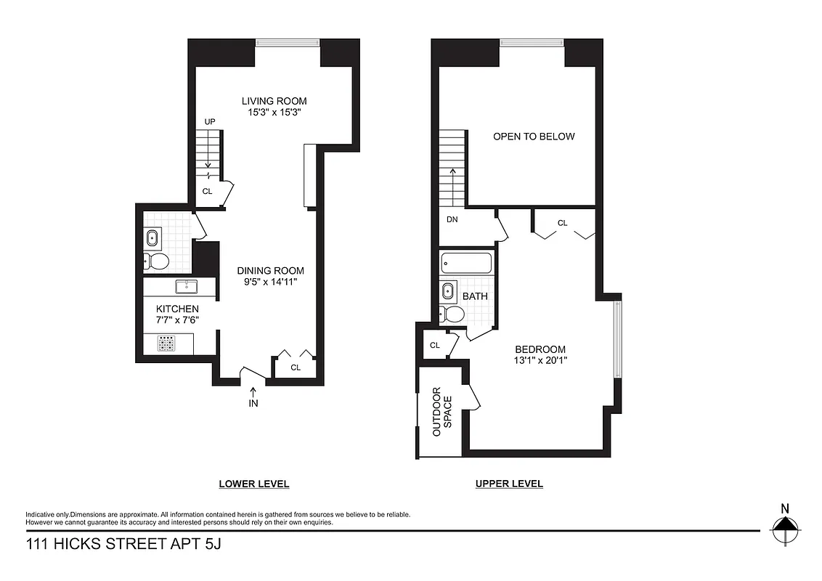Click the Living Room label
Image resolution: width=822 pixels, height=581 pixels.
click(274, 101)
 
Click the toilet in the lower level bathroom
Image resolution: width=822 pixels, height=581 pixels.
click(158, 261)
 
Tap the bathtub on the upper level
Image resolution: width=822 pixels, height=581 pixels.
click(466, 263)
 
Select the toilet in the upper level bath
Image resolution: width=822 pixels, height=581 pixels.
click(452, 314)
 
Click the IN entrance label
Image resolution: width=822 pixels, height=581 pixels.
click(253, 403)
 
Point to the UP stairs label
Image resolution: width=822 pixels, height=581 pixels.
click(210, 122)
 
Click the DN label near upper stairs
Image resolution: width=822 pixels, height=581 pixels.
click(452, 219)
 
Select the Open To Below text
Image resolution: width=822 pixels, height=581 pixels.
click(534, 136)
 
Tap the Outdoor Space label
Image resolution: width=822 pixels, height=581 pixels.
click(441, 413)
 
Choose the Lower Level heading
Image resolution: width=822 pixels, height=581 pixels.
click(254, 484)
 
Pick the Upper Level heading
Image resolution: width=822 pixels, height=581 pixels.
click(509, 484)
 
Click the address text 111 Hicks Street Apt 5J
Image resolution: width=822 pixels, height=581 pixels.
click(123, 543)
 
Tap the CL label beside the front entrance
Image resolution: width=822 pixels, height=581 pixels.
click(296, 367)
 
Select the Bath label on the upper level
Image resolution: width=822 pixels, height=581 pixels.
click(475, 296)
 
